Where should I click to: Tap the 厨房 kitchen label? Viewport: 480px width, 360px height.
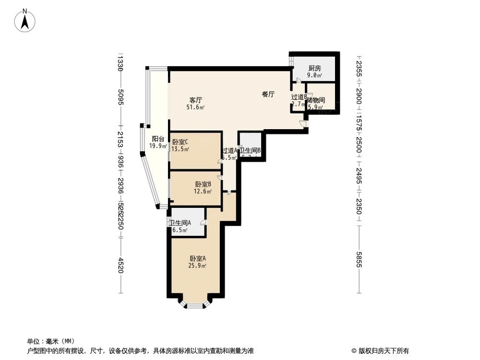coord(314,68)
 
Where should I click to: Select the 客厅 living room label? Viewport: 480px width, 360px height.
coord(195,100)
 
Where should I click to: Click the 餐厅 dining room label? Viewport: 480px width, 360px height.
coord(268,95)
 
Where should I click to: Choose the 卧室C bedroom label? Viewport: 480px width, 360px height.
coord(180,142)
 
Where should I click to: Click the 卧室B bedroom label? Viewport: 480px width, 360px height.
coord(201,184)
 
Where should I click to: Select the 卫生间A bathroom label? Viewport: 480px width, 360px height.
coord(180,223)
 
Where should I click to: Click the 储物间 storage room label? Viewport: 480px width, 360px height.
coord(316,100)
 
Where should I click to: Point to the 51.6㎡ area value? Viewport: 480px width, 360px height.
coord(195,108)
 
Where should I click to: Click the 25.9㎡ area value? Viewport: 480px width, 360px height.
coord(197,266)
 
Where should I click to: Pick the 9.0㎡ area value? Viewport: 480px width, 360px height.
coord(314,75)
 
